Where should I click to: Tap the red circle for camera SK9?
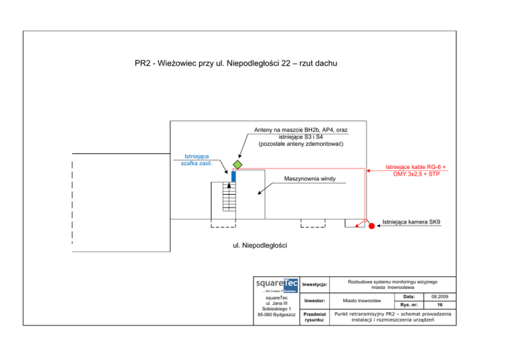click(371, 226)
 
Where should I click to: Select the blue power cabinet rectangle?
click(234, 176)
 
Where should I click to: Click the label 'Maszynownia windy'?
click(310, 179)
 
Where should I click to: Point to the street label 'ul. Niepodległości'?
click(260, 246)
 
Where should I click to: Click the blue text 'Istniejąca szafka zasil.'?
click(196, 160)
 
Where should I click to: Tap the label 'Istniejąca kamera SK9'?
click(412, 222)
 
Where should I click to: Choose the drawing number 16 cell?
click(440, 305)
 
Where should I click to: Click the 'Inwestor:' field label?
click(313, 300)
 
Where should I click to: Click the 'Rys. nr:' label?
click(409, 305)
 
